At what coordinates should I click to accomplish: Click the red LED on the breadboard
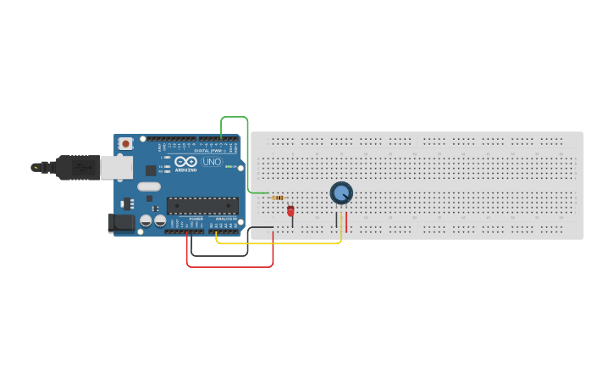point(290,210)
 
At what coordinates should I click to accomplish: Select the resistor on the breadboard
point(277,198)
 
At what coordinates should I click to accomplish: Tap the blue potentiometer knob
point(341,193)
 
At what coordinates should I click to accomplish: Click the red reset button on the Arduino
point(126,144)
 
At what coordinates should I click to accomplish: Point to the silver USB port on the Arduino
point(116,167)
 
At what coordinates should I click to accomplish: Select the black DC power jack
point(121,223)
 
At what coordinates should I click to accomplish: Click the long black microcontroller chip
point(202,205)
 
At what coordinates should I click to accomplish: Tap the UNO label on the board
point(212,162)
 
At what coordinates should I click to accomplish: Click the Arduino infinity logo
point(186,161)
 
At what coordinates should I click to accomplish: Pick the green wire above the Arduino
point(234,117)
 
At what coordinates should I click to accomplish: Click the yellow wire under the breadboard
point(279,244)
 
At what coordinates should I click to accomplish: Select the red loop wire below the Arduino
point(230,267)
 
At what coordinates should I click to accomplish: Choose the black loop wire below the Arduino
point(219,255)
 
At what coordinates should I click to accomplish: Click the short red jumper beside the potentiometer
point(346,222)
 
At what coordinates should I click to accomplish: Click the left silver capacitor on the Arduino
point(146,220)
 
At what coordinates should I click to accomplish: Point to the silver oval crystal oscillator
point(148,186)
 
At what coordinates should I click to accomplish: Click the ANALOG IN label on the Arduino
point(225,219)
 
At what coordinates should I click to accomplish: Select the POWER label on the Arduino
point(196,219)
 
